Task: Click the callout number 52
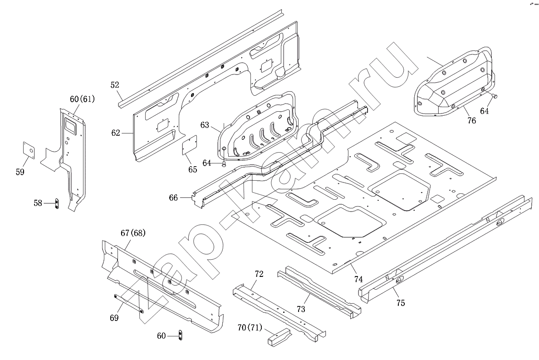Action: [x=115, y=85]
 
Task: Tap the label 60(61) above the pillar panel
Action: [x=82, y=99]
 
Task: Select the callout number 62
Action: [x=116, y=133]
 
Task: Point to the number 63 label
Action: [x=205, y=125]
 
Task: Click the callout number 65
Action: [x=193, y=169]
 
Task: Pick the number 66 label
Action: [x=174, y=198]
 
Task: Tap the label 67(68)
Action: [x=133, y=233]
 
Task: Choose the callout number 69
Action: [x=114, y=318]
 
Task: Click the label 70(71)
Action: [x=250, y=328]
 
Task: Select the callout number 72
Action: [x=259, y=274]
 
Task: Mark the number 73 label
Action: [x=301, y=310]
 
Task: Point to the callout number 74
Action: [x=358, y=279]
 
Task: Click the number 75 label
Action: [x=401, y=303]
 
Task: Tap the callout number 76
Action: [x=472, y=120]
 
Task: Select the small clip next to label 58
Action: [x=57, y=203]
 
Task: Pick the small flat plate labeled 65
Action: [x=189, y=145]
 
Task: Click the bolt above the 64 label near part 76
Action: [x=495, y=96]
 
